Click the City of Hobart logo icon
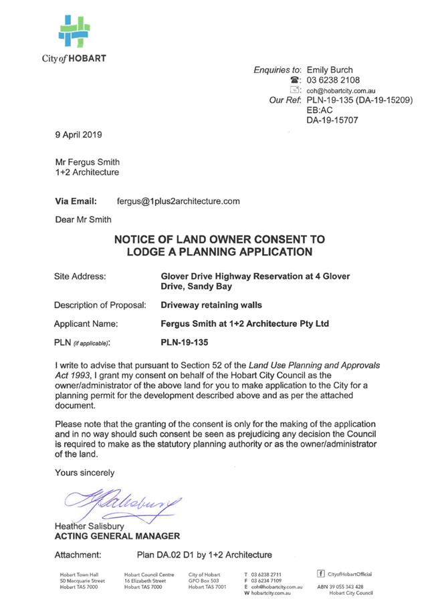(74, 31)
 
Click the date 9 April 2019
(78, 134)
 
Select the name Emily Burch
(330, 70)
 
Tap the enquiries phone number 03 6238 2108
(334, 80)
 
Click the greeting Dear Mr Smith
(84, 219)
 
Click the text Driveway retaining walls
(211, 305)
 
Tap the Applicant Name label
(86, 324)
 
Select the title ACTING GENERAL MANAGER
(117, 536)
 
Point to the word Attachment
(78, 554)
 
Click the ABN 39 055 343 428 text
(340, 586)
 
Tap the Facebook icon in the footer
(320, 574)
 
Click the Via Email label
(76, 201)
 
